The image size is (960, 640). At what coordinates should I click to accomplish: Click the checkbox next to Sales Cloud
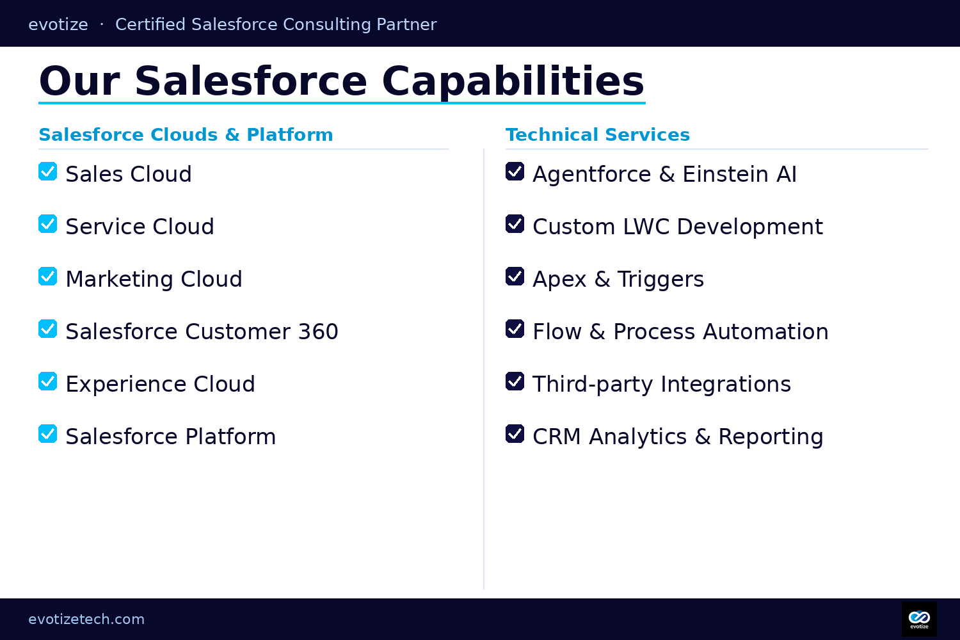coord(48,172)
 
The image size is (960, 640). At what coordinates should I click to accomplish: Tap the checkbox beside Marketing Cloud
coord(48,276)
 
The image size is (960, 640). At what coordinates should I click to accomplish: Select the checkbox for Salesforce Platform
coord(48,434)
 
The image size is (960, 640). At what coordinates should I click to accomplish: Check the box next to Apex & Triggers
coord(515,276)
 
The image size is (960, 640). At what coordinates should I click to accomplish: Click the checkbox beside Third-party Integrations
coord(515,381)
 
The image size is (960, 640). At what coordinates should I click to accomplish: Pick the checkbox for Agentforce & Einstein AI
coord(515,172)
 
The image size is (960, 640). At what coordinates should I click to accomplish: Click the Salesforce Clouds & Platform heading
coord(186,134)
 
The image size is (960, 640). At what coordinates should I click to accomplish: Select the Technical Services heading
coord(597,134)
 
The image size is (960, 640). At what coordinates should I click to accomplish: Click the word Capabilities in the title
coord(513,81)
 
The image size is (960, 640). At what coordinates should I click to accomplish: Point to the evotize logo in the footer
coord(919,619)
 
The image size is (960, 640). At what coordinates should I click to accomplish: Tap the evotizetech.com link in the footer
coord(86,619)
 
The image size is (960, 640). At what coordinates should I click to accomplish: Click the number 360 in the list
coord(318,332)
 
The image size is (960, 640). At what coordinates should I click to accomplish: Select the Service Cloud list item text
coord(140,227)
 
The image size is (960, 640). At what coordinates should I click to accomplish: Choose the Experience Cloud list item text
coord(160,384)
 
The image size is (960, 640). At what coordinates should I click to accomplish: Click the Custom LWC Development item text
coord(677,227)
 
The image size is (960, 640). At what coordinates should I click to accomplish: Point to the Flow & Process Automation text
coord(680,332)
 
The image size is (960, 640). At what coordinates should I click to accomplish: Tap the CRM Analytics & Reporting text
coord(678,436)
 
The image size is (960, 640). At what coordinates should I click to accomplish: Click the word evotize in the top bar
coord(58,24)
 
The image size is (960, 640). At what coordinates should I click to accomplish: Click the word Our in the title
coord(79,81)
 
